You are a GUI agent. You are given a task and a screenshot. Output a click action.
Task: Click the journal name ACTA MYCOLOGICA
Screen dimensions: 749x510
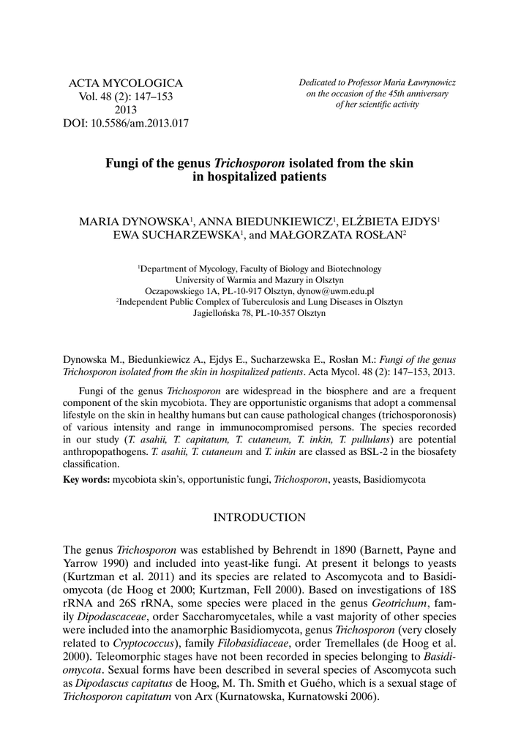click(x=125, y=83)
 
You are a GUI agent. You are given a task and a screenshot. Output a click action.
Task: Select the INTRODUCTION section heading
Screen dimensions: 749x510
click(x=259, y=518)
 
